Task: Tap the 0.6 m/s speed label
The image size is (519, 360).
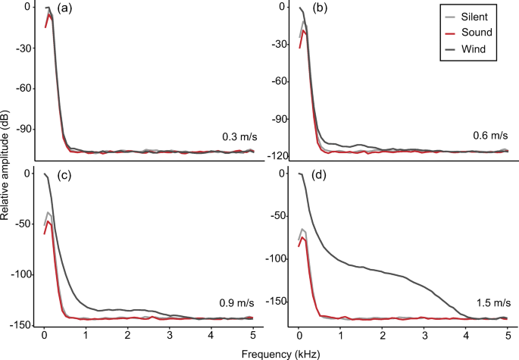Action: tap(492, 136)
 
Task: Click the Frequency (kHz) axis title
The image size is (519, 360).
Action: tap(274, 352)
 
